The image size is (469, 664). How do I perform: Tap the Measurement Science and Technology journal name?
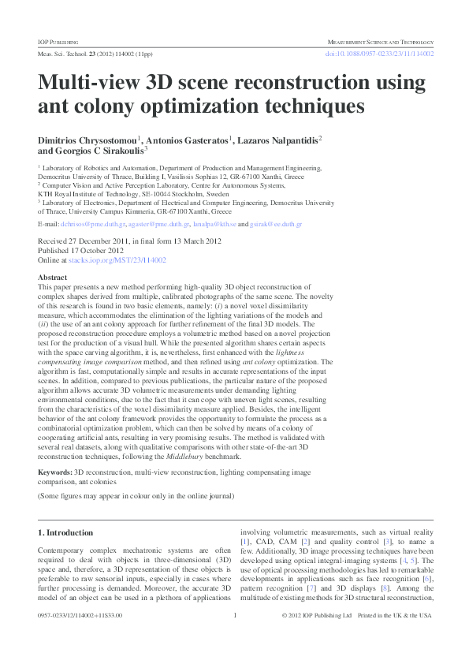click(381, 41)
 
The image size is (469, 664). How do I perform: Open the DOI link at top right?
click(379, 54)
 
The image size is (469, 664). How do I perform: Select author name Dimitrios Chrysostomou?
click(90, 140)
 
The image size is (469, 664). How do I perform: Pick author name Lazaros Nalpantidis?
click(274, 140)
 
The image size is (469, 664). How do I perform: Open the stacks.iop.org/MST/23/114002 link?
click(117, 259)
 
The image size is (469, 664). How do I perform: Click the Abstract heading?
click(52, 278)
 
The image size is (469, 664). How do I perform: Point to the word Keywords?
click(55, 471)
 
